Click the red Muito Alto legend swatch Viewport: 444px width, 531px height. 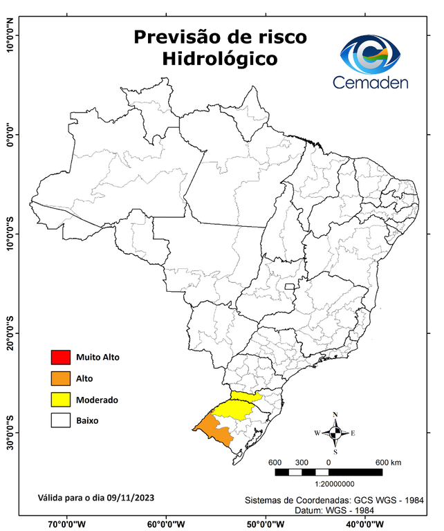[60, 357]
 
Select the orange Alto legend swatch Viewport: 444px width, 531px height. [60, 378]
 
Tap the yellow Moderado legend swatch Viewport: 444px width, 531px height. [60, 400]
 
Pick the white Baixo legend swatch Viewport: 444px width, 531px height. [60, 420]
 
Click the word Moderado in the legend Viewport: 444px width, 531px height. [97, 400]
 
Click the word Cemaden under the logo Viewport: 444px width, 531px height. [371, 82]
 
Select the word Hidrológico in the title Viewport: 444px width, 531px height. [220, 59]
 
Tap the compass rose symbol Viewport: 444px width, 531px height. [335, 434]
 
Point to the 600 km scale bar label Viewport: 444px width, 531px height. [389, 462]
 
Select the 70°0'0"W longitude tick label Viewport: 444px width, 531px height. [67, 523]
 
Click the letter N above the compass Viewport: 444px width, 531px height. [335, 415]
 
